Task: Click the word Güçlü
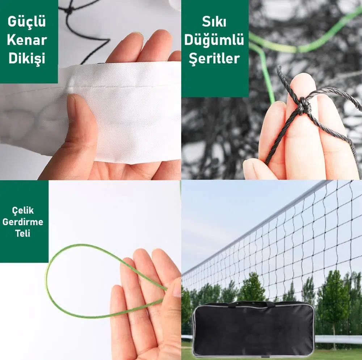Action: (27, 22)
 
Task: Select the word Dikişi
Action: (27, 59)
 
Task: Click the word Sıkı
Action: (214, 22)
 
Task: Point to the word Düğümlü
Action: (214, 39)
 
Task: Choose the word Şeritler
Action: (214, 59)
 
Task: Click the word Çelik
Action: (23, 211)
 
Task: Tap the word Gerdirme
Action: (23, 222)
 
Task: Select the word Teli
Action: (23, 233)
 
